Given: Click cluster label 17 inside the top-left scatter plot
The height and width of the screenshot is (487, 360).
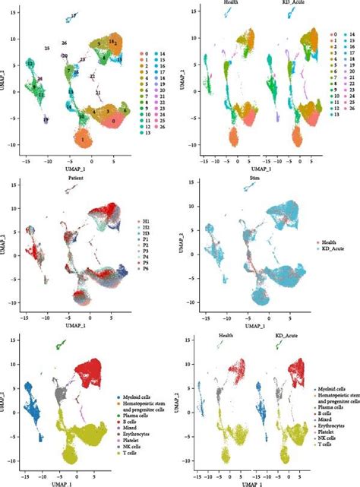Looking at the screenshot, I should [x=73, y=15].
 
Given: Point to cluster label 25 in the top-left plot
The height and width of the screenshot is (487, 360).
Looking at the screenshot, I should [x=47, y=48].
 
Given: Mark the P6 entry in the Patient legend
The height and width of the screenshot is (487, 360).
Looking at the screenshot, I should [x=149, y=268].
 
